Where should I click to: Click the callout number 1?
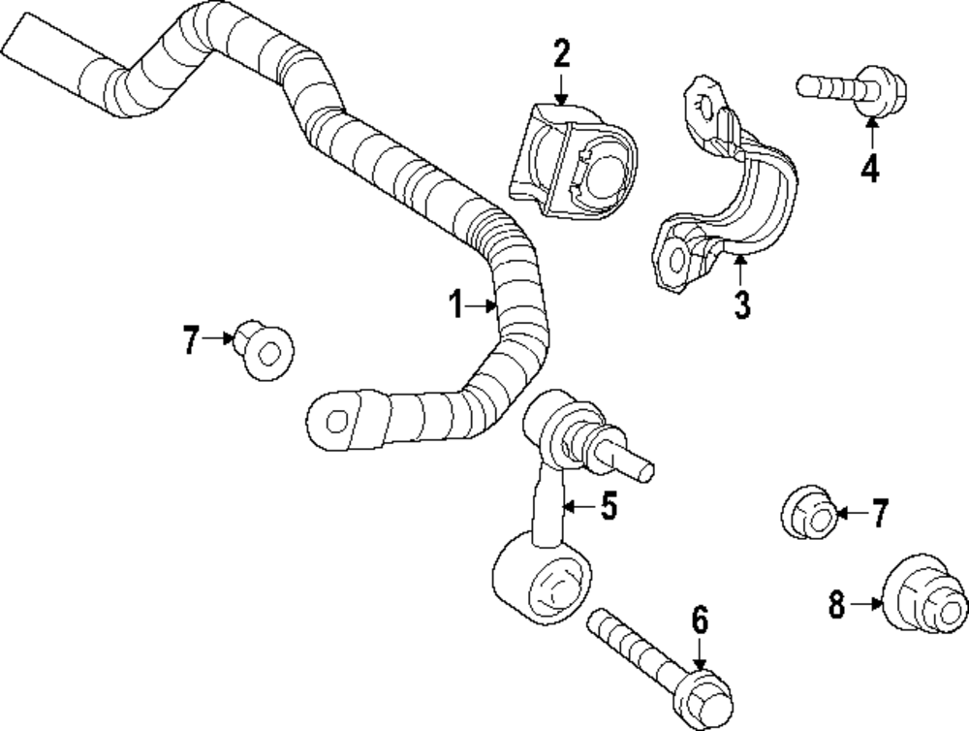(x=455, y=306)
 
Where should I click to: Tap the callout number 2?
(x=562, y=54)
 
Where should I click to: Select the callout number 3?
(x=741, y=304)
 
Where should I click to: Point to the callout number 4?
(x=870, y=169)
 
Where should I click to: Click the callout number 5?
(x=608, y=506)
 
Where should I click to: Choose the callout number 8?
(x=837, y=606)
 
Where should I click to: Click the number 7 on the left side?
(x=191, y=340)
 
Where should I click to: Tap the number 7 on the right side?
(x=879, y=514)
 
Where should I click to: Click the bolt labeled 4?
(x=853, y=88)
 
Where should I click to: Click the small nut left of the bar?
(x=265, y=351)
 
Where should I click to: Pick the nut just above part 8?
(x=809, y=513)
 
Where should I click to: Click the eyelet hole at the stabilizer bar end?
(x=335, y=421)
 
